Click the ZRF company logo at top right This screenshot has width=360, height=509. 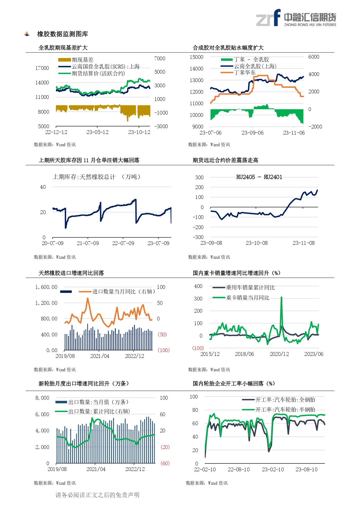(296, 18)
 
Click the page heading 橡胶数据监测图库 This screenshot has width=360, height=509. (62, 34)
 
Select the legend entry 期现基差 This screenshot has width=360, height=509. (82, 60)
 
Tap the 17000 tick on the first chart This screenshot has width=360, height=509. (42, 68)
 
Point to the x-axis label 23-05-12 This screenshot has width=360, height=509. (97, 132)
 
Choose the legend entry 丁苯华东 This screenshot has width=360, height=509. (245, 73)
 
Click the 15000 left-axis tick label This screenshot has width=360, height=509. (196, 57)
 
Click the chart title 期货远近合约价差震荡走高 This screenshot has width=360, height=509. (225, 160)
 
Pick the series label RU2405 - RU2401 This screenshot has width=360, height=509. (259, 177)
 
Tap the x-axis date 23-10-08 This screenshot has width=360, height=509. (256, 243)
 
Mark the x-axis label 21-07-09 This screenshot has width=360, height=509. (88, 243)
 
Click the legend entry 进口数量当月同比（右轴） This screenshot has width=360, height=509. (123, 291)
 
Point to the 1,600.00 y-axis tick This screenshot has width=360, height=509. (46, 287)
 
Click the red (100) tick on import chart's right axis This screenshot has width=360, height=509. (163, 350)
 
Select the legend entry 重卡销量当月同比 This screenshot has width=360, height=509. (247, 298)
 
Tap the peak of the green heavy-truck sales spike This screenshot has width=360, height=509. (281, 298)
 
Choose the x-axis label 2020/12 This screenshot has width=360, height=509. (279, 354)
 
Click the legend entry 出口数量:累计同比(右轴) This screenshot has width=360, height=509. (99, 411)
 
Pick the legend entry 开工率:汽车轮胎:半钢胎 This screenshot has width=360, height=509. (285, 410)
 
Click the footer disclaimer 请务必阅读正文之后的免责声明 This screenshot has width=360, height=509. (97, 495)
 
